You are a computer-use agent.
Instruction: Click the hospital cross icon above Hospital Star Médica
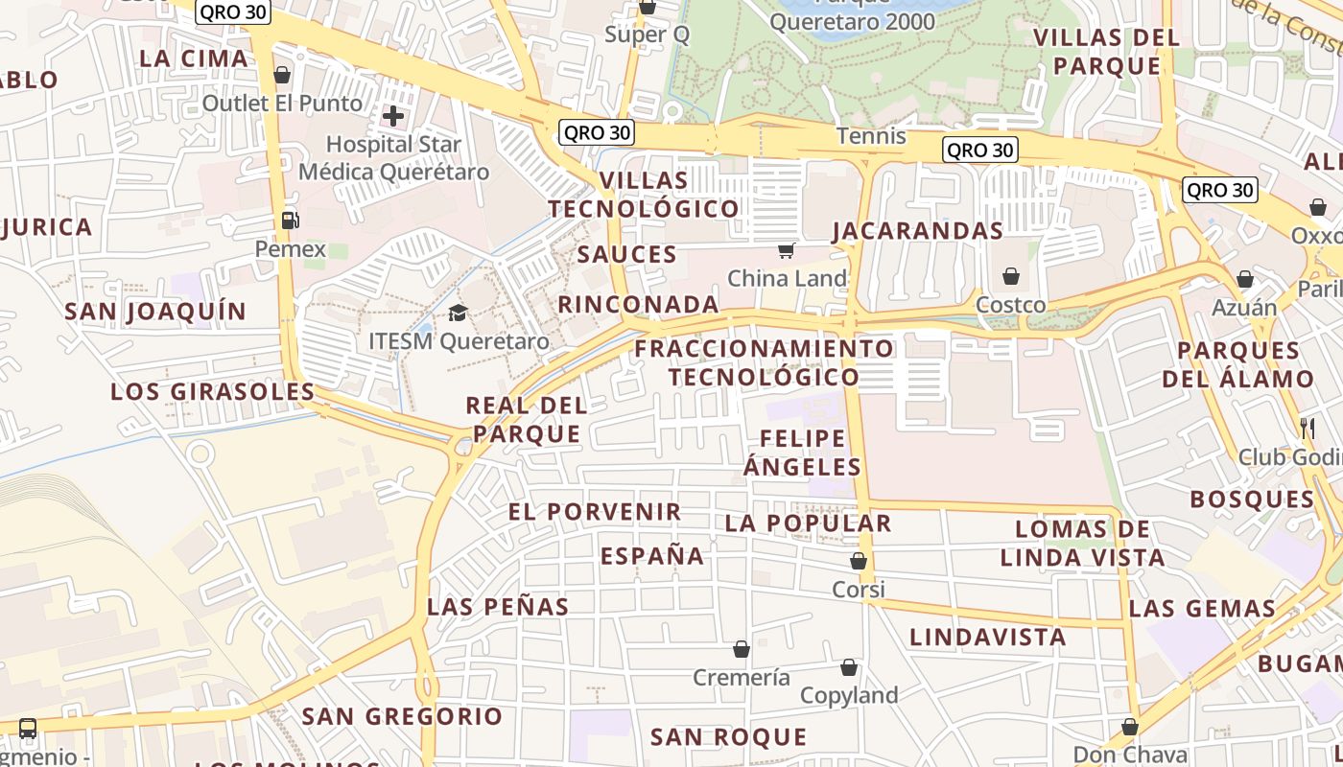(x=392, y=116)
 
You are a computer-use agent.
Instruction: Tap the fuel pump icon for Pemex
(x=290, y=221)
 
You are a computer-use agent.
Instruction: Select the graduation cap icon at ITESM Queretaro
(x=458, y=313)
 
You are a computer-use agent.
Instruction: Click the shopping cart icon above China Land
(x=787, y=250)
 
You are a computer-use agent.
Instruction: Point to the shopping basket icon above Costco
(x=1011, y=277)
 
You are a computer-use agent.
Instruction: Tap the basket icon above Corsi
(x=859, y=561)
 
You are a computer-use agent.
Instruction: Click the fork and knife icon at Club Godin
(x=1307, y=428)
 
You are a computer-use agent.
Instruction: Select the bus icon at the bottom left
(x=28, y=729)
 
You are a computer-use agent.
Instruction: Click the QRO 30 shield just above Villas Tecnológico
(x=597, y=132)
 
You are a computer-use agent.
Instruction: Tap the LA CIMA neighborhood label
(x=194, y=58)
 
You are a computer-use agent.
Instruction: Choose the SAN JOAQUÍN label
(x=155, y=312)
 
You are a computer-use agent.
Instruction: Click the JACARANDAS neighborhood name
(x=917, y=231)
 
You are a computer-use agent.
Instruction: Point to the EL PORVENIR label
(x=595, y=512)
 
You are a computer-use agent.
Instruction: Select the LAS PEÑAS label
(x=498, y=607)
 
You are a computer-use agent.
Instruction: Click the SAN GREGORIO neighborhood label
(x=402, y=716)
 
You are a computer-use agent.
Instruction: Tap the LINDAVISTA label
(x=988, y=638)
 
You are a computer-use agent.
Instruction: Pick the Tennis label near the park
(x=871, y=136)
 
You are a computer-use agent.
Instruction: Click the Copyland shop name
(x=849, y=695)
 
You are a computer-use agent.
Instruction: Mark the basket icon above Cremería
(x=741, y=650)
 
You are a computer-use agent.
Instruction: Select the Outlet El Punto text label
(x=282, y=103)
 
